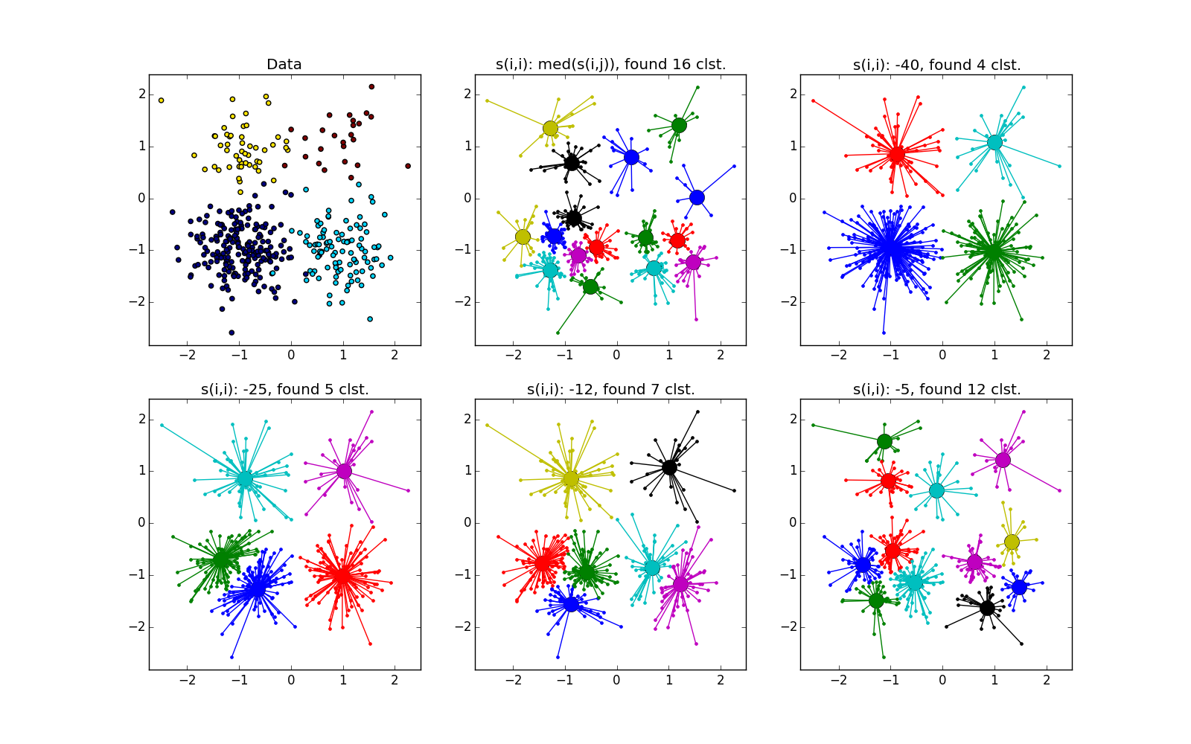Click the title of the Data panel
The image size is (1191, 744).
coord(284,65)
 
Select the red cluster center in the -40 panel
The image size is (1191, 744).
coord(897,154)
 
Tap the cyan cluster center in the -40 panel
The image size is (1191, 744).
coord(994,142)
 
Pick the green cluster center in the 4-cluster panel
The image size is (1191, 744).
coord(993,251)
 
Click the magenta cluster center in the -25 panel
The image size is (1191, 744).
coord(344,471)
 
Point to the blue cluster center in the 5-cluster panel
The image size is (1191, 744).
coord(257,588)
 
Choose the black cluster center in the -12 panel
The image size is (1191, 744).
coord(669,467)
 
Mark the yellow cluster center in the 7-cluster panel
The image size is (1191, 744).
coord(570,479)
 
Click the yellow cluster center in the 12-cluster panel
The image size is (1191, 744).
coord(1011,542)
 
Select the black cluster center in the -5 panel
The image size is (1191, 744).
coord(987,608)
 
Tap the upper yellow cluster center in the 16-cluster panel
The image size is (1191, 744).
coord(550,128)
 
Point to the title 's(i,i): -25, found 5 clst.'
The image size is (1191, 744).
coord(285,389)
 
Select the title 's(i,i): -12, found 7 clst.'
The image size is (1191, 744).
coord(610,389)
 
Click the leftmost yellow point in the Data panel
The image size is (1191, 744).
coord(161,100)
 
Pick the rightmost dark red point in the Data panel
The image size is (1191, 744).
coord(408,166)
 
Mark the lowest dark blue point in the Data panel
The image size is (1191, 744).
coord(232,333)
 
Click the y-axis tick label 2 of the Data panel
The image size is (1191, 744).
coord(141,94)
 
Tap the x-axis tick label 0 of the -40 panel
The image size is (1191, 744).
coord(942,356)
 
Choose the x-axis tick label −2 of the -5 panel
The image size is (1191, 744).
coord(838,680)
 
